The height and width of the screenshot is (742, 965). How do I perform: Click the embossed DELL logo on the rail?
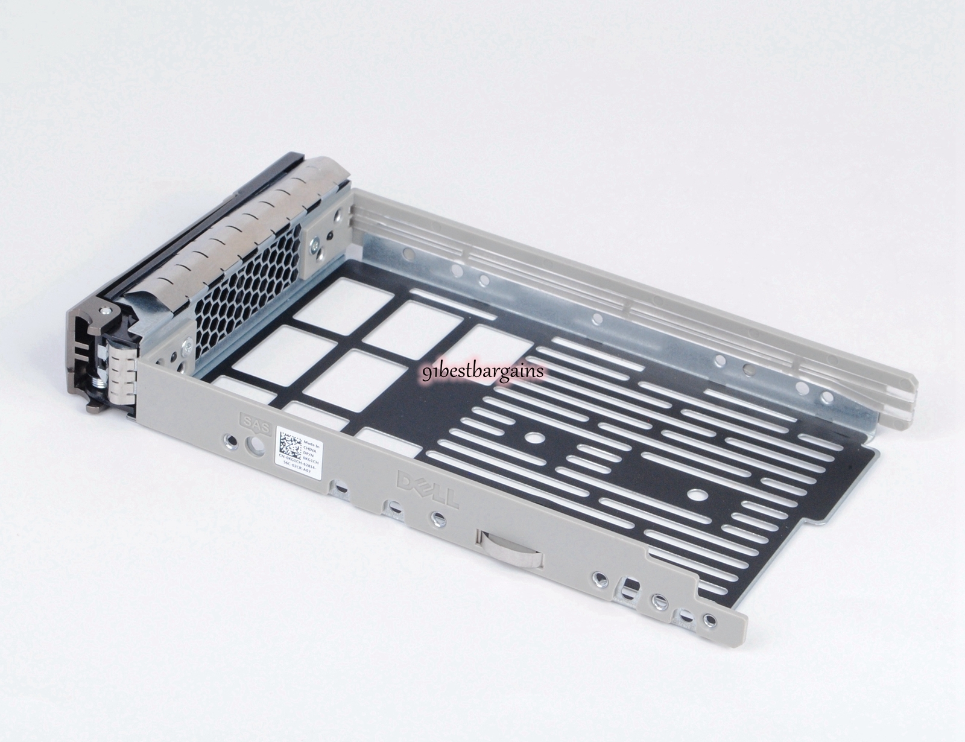click(x=427, y=488)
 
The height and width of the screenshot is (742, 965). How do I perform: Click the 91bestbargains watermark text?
click(x=482, y=370)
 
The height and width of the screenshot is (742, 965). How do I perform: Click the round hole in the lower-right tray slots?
click(x=698, y=493)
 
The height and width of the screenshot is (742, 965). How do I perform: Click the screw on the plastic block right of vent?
click(x=314, y=243)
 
